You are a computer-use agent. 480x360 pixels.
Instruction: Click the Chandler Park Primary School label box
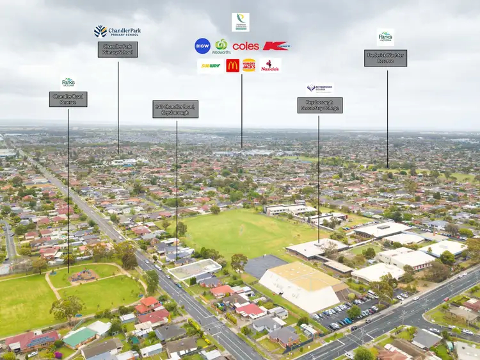pyautogui.click(x=118, y=49)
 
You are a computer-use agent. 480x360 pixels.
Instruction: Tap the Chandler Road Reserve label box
pyautogui.click(x=68, y=99)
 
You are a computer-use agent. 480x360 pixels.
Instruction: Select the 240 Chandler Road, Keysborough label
pyautogui.click(x=175, y=109)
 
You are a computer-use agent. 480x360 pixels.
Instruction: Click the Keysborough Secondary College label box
pyautogui.click(x=320, y=105)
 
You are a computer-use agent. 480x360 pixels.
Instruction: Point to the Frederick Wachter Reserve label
pyautogui.click(x=386, y=58)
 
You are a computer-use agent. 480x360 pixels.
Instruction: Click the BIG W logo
pyautogui.click(x=202, y=45)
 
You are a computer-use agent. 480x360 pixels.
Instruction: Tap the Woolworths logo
pyautogui.click(x=221, y=46)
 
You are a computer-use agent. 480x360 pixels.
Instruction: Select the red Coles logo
pyautogui.click(x=246, y=46)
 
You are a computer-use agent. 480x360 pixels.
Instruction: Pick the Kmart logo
pyautogui.click(x=276, y=45)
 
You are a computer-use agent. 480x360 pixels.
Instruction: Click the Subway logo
pyautogui.click(x=210, y=65)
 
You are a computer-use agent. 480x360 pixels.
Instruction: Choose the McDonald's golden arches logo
pyautogui.click(x=233, y=65)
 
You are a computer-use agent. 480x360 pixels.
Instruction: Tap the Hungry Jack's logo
pyautogui.click(x=249, y=65)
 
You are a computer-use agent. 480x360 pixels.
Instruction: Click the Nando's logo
pyautogui.click(x=270, y=65)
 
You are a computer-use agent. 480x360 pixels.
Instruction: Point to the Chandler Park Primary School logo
pyautogui.click(x=118, y=31)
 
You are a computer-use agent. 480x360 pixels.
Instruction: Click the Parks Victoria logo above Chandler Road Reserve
pyautogui.click(x=68, y=82)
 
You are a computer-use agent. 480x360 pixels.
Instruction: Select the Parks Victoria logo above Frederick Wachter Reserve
pyautogui.click(x=386, y=37)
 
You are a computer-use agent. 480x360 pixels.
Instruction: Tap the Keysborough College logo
pyautogui.click(x=320, y=88)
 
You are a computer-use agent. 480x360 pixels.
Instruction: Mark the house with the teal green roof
pyautogui.click(x=79, y=336)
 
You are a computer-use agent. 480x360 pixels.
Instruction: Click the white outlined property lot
pyautogui.click(x=195, y=269)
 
